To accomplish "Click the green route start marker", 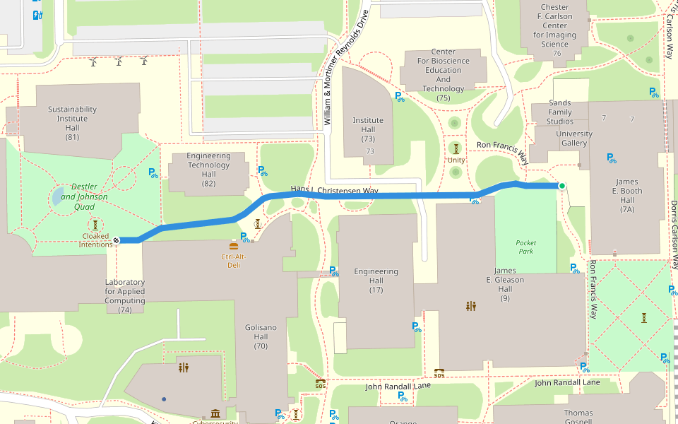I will (x=562, y=186).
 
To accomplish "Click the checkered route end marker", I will (x=117, y=241).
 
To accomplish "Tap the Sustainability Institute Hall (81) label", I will (x=72, y=123).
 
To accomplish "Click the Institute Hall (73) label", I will (x=368, y=125).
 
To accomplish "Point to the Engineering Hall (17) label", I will (x=376, y=280).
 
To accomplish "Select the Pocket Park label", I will (x=525, y=247).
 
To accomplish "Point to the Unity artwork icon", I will (x=456, y=148).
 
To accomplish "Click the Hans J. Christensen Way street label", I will (x=335, y=190).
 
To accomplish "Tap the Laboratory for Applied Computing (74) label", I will (x=125, y=295).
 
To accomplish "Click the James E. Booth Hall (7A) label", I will (x=626, y=195).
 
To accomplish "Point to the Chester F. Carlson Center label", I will (x=554, y=26).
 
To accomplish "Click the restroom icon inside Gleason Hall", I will (x=471, y=306).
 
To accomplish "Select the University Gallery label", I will (x=574, y=139).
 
